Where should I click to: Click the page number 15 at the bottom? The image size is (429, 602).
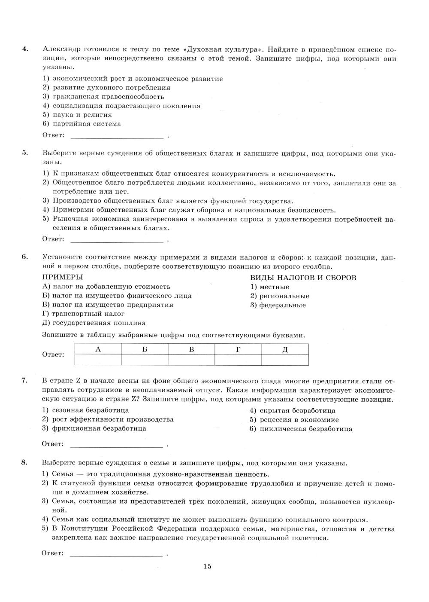point(207,566)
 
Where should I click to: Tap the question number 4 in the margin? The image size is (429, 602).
point(25,49)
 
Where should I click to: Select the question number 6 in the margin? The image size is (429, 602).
point(25,257)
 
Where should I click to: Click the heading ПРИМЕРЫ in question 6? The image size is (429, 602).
point(63,278)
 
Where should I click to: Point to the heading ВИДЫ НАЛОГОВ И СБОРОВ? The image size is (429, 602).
point(303,278)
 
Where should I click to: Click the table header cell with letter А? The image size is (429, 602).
point(98,349)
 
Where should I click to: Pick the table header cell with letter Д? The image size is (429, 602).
point(285,349)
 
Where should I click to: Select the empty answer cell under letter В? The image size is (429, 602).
point(191,360)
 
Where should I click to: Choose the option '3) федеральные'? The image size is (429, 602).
point(278,305)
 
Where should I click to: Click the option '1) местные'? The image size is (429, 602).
point(270,287)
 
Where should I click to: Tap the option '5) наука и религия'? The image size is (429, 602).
point(77,115)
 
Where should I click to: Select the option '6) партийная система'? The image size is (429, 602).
point(82,124)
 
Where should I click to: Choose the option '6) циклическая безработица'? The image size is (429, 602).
point(301,428)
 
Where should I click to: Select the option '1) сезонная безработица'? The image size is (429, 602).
point(85,410)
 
